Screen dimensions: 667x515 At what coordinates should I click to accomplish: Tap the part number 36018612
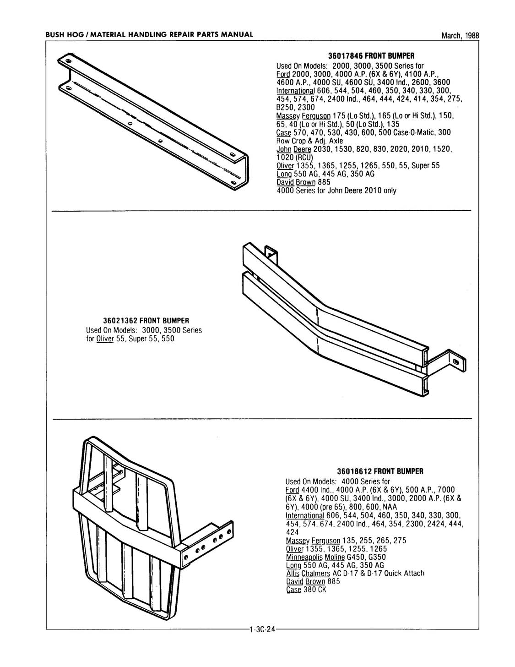pos(355,471)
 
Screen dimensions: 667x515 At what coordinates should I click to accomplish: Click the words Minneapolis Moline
pos(312,557)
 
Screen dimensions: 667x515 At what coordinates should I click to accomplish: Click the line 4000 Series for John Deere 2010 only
pos(336,191)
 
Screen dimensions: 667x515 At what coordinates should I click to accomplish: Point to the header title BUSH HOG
pos(65,34)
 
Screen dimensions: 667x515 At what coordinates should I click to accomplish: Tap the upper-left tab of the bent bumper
pos(271,252)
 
